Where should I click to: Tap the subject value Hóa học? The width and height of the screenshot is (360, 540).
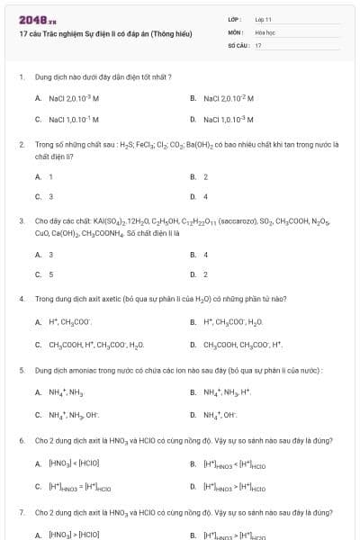tap(265, 31)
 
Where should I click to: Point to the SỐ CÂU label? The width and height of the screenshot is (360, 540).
tap(237, 44)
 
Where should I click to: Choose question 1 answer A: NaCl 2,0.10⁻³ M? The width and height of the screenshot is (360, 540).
tap(67, 98)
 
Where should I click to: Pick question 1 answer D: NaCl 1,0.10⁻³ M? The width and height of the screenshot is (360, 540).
tap(229, 119)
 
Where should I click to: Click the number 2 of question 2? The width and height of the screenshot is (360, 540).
tap(21, 144)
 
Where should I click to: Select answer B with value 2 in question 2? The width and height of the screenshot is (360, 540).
tap(205, 176)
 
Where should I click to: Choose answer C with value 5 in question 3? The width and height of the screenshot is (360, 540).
tap(50, 274)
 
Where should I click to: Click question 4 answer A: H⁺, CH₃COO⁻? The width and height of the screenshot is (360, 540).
tap(68, 322)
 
